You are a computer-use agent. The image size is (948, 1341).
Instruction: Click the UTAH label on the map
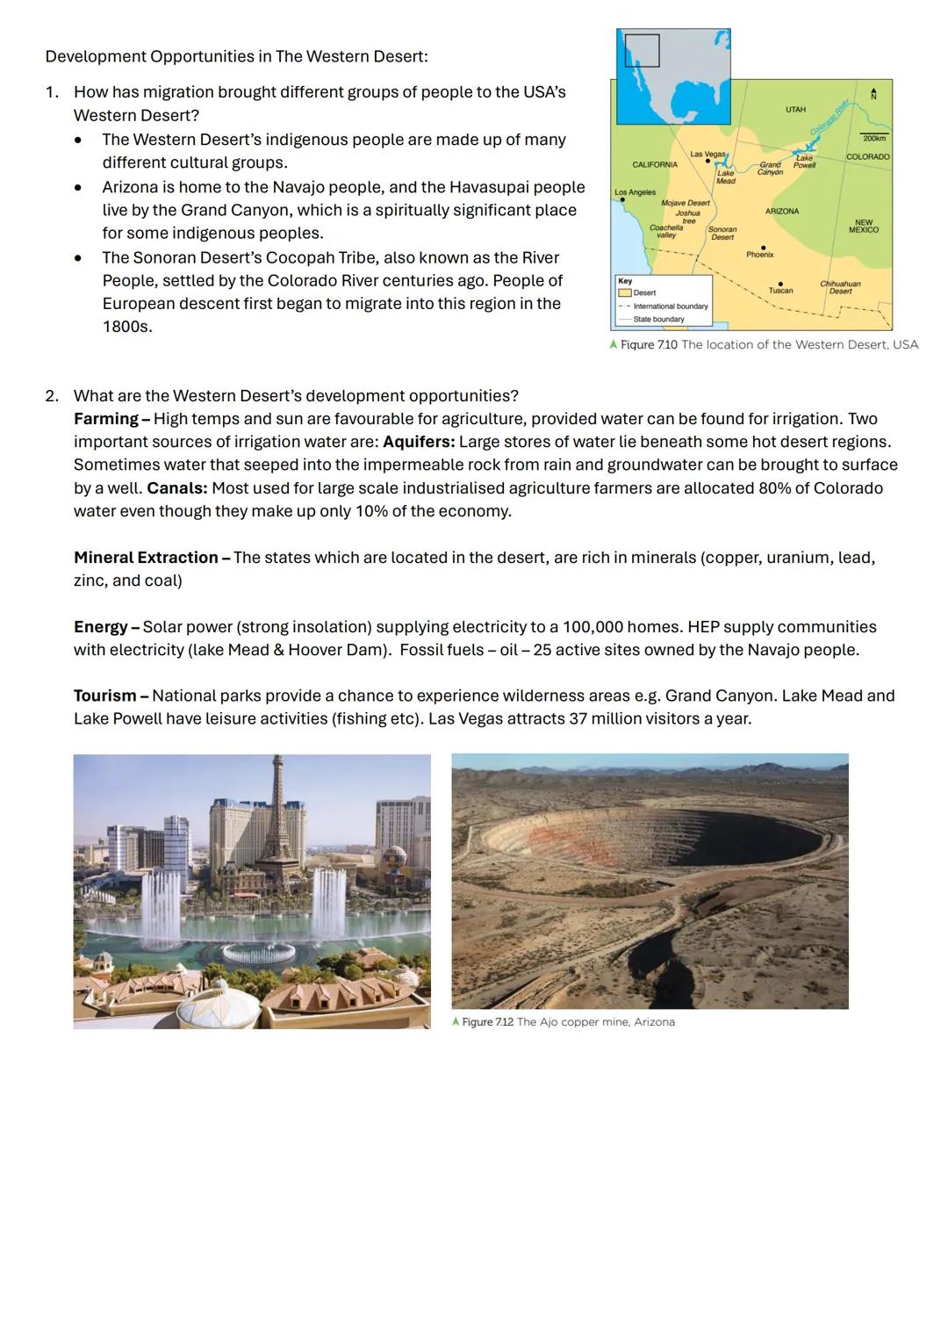pyautogui.click(x=795, y=110)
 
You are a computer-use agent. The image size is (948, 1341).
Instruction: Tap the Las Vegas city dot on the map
pyautogui.click(x=708, y=162)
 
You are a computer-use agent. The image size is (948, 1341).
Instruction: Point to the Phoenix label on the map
pyautogui.click(x=760, y=255)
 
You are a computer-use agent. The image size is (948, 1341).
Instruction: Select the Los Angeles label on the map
pyautogui.click(x=635, y=191)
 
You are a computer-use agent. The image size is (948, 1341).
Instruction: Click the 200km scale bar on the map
pyautogui.click(x=873, y=138)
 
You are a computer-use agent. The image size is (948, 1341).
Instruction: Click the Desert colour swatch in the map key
pyautogui.click(x=625, y=292)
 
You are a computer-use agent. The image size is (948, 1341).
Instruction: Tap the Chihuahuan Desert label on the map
pyautogui.click(x=840, y=287)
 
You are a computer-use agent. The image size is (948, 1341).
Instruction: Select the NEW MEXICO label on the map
pyautogui.click(x=863, y=226)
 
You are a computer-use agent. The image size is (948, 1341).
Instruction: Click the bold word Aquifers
pyautogui.click(x=419, y=442)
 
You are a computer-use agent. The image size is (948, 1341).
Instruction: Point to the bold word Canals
pyautogui.click(x=177, y=487)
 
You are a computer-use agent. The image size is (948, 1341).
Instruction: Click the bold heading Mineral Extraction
pyautogui.click(x=146, y=558)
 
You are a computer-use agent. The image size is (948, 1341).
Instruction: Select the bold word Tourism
pyautogui.click(x=105, y=696)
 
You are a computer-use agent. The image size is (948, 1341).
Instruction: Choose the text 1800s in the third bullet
pyautogui.click(x=127, y=327)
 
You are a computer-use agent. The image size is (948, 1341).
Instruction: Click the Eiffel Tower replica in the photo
pyautogui.click(x=276, y=817)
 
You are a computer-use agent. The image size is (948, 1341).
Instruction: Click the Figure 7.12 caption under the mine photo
pyautogui.click(x=563, y=1022)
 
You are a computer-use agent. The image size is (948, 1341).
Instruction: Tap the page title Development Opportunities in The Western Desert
pyautogui.click(x=237, y=56)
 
